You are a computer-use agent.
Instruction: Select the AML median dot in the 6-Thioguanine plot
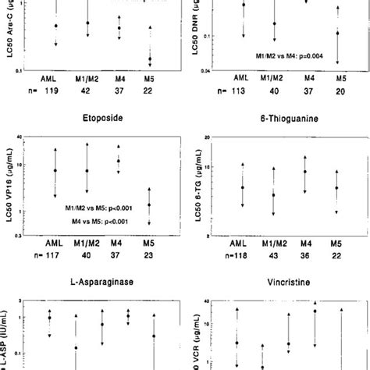click(x=243, y=187)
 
